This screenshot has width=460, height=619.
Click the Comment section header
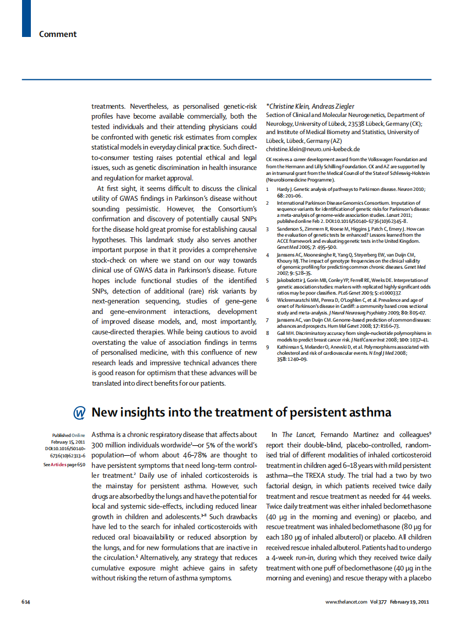[58, 34]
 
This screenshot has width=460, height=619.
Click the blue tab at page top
[26, 18]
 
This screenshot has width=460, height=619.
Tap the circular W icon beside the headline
[79, 413]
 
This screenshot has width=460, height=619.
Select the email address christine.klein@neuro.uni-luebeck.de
[313, 149]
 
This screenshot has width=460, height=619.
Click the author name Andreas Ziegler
[333, 106]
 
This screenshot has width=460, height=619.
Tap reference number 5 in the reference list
[267, 281]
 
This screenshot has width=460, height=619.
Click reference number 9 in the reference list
[267, 346]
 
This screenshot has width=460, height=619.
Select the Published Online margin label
[68, 435]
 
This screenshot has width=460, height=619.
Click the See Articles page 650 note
[64, 465]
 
